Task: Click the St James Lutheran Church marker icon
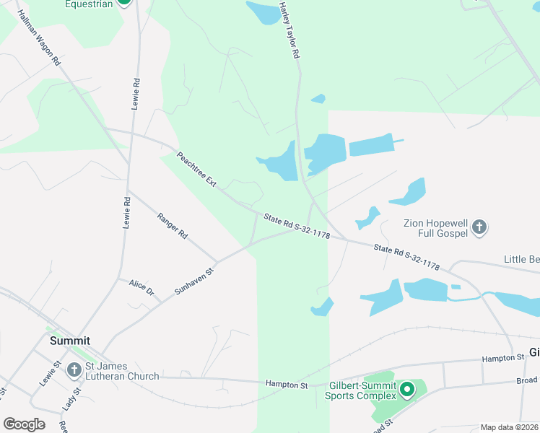click(74, 370)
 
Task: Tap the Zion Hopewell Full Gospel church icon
click(479, 228)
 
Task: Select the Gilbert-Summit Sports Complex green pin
click(406, 390)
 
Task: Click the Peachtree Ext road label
click(197, 170)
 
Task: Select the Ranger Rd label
click(173, 225)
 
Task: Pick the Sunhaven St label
click(195, 282)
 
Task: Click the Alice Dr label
click(141, 288)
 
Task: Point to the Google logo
click(24, 424)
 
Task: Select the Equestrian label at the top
click(88, 4)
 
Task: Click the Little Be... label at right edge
click(521, 259)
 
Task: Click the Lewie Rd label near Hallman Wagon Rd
click(134, 93)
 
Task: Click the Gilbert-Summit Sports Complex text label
click(361, 390)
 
